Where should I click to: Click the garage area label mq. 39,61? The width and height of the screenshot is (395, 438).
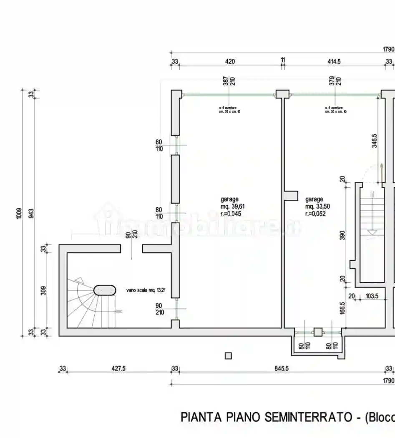(231, 206)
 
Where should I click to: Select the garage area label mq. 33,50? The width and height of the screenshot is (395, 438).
(315, 206)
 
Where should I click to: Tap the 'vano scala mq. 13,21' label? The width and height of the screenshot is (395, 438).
(146, 290)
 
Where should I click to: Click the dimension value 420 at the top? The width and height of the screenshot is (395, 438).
(230, 61)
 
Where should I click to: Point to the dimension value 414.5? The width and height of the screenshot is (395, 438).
(334, 61)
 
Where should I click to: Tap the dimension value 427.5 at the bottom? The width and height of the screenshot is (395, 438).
(118, 368)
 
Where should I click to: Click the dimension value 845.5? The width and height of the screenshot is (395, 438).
(282, 368)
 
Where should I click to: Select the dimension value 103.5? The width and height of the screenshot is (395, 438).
(371, 296)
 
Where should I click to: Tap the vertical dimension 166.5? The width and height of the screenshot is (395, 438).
(342, 308)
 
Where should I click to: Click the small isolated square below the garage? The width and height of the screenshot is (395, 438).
(228, 356)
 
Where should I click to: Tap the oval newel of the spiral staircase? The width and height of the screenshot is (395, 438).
(105, 290)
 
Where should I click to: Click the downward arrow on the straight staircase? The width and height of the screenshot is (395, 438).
(373, 232)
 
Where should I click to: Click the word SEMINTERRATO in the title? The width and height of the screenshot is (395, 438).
(310, 417)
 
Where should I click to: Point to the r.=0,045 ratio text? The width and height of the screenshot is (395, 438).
(231, 214)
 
